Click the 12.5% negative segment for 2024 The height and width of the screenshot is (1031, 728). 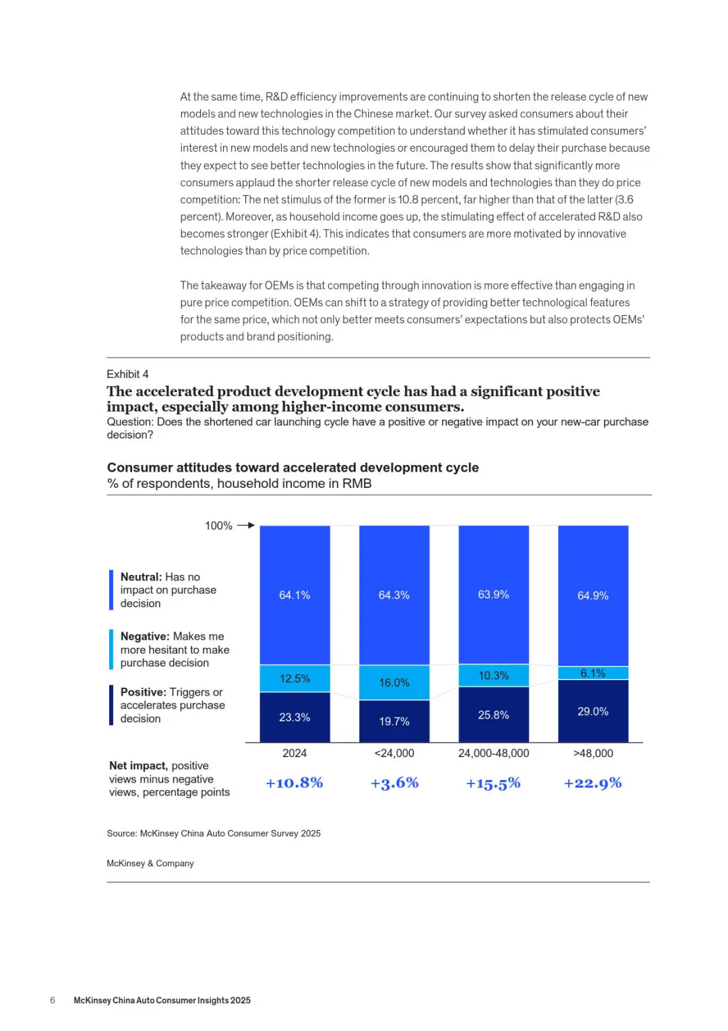295,678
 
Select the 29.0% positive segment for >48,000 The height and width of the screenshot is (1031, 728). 593,711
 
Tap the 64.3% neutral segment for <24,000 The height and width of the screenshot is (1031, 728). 394,595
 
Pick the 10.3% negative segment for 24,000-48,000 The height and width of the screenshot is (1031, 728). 493,675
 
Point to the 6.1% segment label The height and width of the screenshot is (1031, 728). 593,673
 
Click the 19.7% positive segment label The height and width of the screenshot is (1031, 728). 394,721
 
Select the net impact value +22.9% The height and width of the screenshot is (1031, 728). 593,783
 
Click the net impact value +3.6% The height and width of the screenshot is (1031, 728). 394,783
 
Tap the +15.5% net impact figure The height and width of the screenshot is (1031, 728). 493,783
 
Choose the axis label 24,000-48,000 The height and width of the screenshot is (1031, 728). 493,753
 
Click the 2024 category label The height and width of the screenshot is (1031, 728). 295,753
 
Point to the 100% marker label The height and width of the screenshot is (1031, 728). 218,526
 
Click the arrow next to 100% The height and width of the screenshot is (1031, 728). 246,525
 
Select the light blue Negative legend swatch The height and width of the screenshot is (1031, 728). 111,649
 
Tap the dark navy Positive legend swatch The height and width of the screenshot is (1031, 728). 111,705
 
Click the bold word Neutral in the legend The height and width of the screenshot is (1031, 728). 141,577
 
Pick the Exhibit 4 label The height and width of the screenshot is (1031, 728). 127,374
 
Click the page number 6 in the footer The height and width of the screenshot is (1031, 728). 53,1000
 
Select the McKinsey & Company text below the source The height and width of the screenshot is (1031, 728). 150,863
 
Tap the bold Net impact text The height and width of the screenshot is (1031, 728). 138,766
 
